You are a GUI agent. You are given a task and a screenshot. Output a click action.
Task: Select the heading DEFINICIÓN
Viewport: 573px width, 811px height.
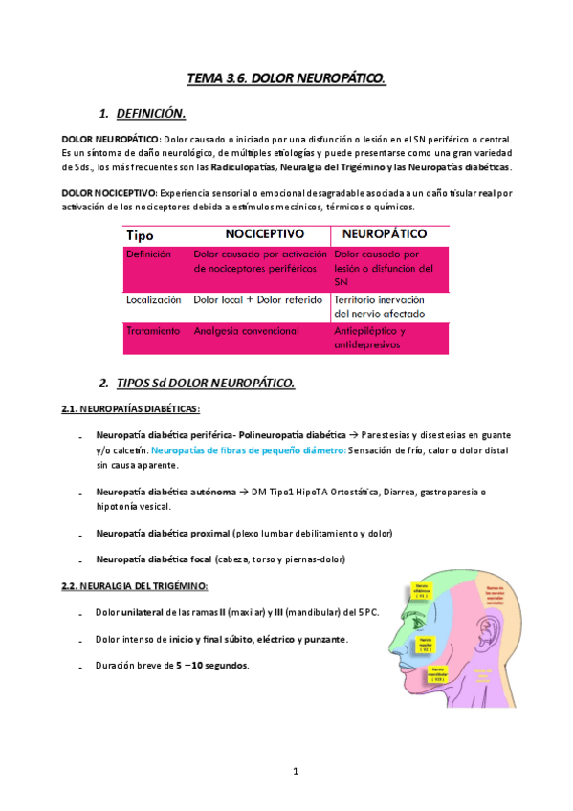149,114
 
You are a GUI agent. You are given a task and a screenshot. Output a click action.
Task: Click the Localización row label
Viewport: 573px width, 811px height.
153,299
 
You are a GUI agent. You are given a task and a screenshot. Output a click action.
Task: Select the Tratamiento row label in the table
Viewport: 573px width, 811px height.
153,331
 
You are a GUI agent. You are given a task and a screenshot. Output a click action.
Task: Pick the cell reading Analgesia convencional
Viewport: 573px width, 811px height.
246,331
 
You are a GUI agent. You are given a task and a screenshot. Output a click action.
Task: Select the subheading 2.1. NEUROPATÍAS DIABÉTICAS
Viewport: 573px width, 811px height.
130,409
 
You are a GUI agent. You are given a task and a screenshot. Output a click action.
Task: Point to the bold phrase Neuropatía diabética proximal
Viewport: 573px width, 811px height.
163,533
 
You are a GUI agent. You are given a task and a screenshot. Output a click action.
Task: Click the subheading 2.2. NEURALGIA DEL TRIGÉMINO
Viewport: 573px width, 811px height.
135,585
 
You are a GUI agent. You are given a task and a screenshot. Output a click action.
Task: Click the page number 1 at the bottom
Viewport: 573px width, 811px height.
297,770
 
